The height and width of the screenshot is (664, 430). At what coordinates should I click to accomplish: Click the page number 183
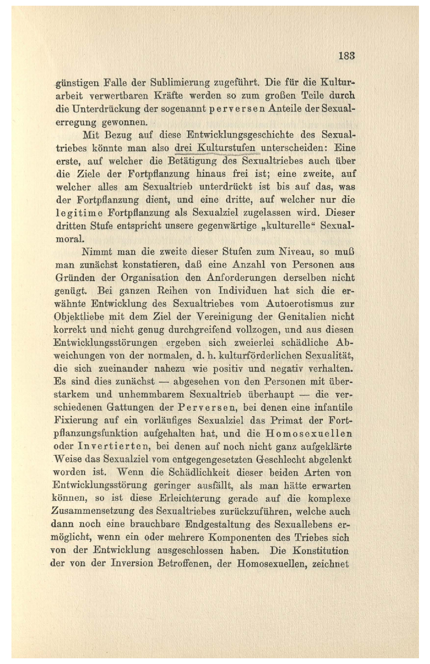coord(346,56)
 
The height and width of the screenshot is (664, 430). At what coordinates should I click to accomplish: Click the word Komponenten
coord(238,537)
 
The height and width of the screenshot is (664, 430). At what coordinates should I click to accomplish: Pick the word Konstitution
coord(320,550)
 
